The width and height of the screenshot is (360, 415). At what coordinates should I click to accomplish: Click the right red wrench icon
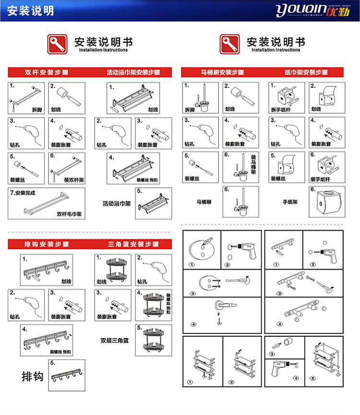(229, 44)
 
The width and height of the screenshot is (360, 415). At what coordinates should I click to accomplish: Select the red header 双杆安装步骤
(47, 73)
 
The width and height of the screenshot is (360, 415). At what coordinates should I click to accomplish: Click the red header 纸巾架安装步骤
(306, 73)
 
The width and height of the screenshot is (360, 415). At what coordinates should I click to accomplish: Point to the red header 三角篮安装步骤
(133, 244)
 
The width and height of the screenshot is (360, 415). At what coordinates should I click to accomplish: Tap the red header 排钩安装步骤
(47, 244)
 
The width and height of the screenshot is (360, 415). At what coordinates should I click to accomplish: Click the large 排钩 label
(33, 376)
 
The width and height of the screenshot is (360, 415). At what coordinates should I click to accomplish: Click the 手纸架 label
(290, 202)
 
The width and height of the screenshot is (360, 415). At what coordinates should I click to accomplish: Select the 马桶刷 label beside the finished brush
(204, 202)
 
